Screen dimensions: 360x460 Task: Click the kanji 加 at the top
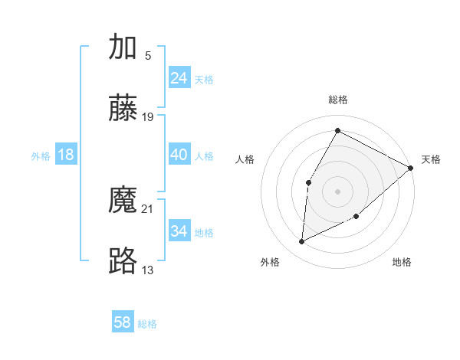tap(123, 47)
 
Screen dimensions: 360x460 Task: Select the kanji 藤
tap(123, 108)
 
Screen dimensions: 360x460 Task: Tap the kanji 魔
tap(123, 201)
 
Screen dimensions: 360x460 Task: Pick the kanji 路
tap(123, 261)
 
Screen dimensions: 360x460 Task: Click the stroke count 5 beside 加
tap(147, 55)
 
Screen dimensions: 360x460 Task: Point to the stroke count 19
tap(148, 116)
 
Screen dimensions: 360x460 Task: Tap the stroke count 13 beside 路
tap(148, 269)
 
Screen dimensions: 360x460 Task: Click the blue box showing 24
tap(179, 78)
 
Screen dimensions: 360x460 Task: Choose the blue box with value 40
tap(179, 155)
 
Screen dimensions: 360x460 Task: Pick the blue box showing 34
tap(179, 231)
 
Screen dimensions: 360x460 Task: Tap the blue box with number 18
tap(66, 155)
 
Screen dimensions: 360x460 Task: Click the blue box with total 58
tap(123, 322)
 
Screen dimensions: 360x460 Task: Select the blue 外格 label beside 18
tap(41, 156)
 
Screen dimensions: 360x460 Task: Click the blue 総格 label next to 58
tap(147, 324)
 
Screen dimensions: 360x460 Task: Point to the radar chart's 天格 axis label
tap(431, 159)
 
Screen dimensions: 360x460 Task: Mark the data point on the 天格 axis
tap(411, 169)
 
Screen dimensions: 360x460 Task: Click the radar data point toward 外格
tap(302, 242)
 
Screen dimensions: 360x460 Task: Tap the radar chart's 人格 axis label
tap(245, 159)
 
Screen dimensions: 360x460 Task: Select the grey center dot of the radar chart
tap(337, 191)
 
